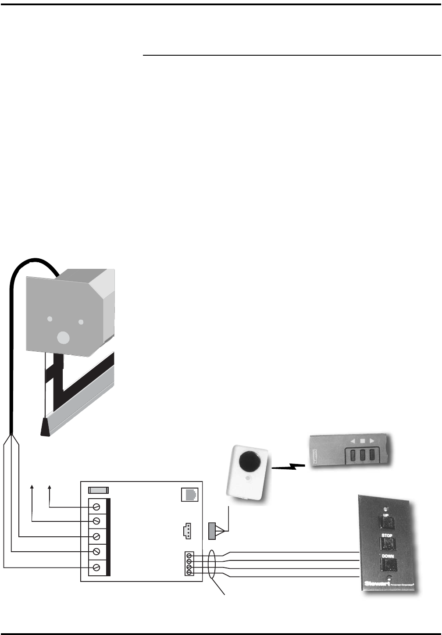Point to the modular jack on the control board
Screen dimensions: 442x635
point(189,494)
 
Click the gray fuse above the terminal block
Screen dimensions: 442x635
point(98,491)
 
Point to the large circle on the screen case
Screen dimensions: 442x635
point(64,337)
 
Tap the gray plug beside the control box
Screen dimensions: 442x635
point(212,531)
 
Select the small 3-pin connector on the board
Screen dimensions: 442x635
point(186,531)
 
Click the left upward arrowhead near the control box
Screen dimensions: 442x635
point(32,486)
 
